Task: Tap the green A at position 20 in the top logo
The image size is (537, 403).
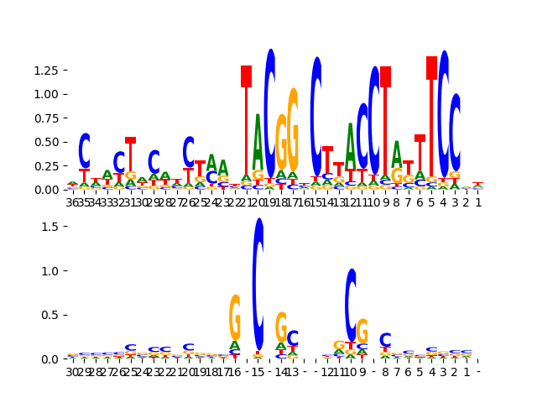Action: pos(258,143)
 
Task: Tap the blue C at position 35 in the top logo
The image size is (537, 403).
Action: pos(84,151)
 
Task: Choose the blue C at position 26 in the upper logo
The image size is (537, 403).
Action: pos(189,152)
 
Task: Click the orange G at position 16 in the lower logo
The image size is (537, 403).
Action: pos(235,317)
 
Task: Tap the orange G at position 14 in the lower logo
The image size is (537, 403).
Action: pos(281,327)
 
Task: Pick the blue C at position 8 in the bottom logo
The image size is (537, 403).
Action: pos(385,340)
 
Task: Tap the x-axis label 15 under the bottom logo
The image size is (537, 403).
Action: pos(258,372)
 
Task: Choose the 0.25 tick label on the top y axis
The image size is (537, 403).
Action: pos(45,170)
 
